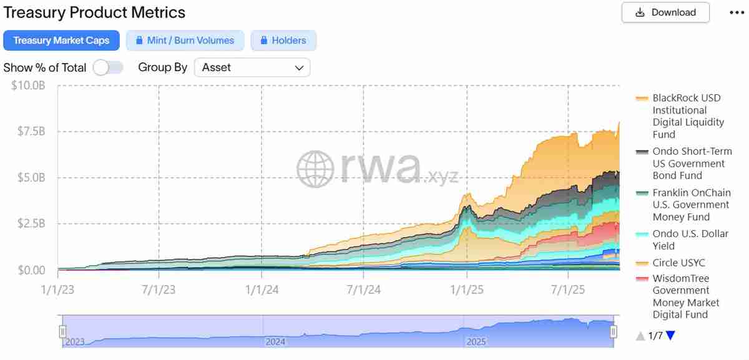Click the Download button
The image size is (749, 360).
(x=665, y=12)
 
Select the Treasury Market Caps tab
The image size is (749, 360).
(x=61, y=41)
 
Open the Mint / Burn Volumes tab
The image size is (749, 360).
(x=184, y=41)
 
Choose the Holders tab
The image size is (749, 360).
(x=283, y=41)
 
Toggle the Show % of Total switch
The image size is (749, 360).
(x=108, y=67)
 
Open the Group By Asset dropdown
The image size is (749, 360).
(x=252, y=67)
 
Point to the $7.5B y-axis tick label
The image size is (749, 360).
(x=29, y=132)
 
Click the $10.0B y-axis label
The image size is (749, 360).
(x=28, y=85)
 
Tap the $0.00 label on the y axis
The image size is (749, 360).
(x=29, y=270)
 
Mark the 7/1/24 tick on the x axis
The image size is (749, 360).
(x=364, y=290)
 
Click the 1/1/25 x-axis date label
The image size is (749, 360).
(x=466, y=290)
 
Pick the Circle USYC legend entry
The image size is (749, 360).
(x=678, y=263)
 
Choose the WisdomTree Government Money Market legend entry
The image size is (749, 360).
(x=685, y=296)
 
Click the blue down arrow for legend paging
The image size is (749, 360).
(x=670, y=336)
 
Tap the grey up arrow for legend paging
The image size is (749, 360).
(x=640, y=336)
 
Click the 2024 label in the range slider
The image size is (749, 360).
(x=275, y=341)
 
